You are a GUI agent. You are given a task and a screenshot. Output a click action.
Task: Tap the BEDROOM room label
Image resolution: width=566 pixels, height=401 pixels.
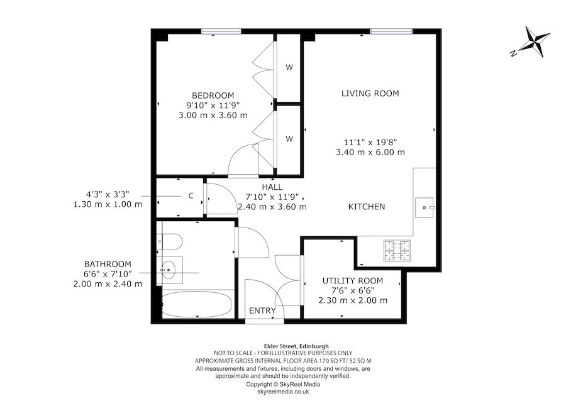[x=213, y=95]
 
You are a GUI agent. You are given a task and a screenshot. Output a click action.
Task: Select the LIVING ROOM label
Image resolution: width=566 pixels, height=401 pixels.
[x=370, y=94]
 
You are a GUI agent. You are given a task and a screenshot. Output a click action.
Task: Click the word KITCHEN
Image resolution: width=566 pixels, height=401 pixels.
[x=367, y=206]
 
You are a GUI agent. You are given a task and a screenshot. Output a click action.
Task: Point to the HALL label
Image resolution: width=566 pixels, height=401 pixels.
[x=273, y=187]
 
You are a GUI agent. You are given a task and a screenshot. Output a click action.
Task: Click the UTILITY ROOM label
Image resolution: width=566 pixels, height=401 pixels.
[x=352, y=280]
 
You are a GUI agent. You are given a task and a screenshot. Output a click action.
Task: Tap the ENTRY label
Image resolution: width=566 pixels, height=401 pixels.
[x=263, y=310]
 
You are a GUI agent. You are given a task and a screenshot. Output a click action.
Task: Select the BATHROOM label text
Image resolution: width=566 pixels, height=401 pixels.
[x=108, y=264]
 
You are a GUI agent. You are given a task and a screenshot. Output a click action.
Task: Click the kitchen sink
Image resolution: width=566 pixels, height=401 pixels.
[x=425, y=206]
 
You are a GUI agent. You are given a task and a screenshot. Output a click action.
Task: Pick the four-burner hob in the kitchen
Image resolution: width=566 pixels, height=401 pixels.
[x=396, y=251]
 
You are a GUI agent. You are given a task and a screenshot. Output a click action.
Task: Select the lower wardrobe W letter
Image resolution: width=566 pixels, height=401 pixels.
[x=289, y=139]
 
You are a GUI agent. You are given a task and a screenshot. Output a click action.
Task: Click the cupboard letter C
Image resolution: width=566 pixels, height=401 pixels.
[x=190, y=196]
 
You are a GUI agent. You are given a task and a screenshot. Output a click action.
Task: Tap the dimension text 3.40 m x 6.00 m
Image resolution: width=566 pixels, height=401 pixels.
[x=370, y=152]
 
